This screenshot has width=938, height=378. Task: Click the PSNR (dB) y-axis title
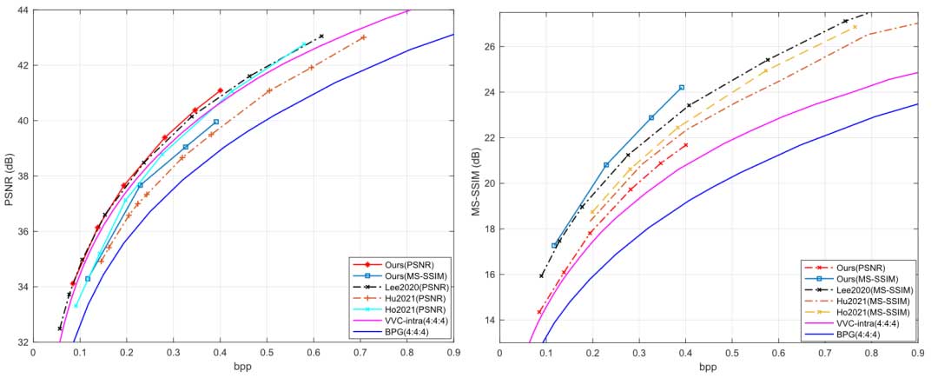pos(11,176)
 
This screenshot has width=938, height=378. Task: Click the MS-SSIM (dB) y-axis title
pos(478,176)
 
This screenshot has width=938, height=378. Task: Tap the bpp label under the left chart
pos(243,367)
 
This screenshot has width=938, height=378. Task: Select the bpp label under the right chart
pos(708,367)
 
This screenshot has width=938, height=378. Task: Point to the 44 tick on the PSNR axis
pos(20,10)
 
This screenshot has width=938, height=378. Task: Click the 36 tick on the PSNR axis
pos(20,231)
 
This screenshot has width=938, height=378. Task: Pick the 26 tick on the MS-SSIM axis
pos(485,46)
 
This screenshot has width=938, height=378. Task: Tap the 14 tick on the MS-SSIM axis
pos(485,320)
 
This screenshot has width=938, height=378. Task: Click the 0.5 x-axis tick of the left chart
pos(267,352)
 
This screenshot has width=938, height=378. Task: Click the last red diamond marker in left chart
pos(220,90)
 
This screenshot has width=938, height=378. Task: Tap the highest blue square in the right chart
pos(682,87)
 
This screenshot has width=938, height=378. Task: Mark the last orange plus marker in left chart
pos(363,37)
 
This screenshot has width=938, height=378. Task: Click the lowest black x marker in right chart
pos(542,276)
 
